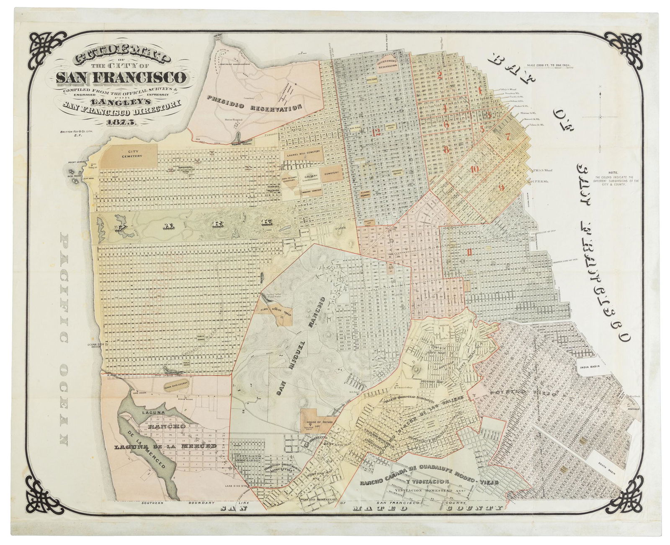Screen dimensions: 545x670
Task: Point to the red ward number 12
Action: click(376, 132)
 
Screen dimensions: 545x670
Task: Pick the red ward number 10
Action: click(474, 169)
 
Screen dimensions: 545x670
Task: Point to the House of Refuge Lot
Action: click(319, 420)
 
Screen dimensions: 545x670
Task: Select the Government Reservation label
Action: click(390, 64)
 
